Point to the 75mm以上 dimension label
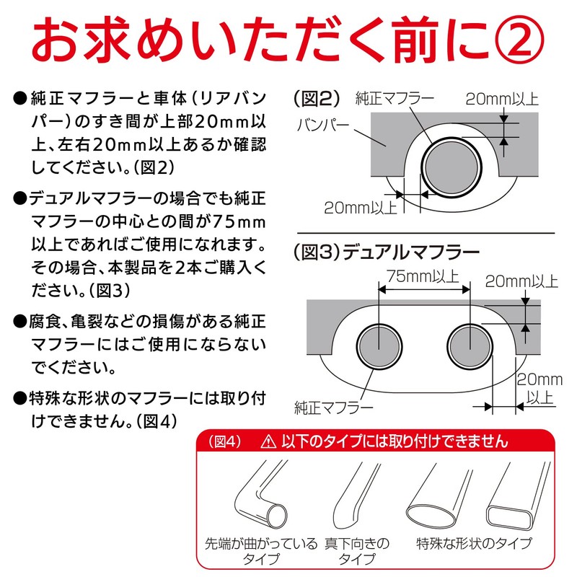(x=424, y=276)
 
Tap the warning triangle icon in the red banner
(x=269, y=440)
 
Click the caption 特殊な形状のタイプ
(x=475, y=543)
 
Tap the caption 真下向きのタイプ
(x=356, y=551)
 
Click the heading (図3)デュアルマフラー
(x=387, y=252)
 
